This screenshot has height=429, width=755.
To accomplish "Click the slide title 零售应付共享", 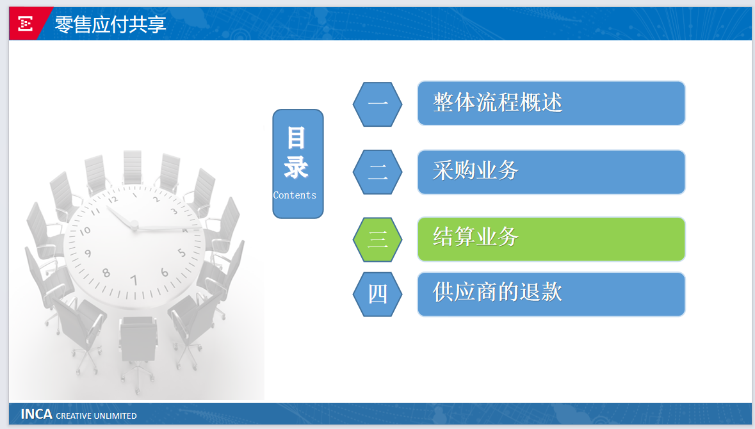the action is pyautogui.click(x=110, y=24).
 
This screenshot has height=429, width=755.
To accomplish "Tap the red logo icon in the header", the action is pyautogui.click(x=25, y=24).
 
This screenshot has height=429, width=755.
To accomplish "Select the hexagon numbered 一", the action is pyautogui.click(x=378, y=104).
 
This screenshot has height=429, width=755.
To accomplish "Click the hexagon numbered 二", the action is pyautogui.click(x=378, y=172).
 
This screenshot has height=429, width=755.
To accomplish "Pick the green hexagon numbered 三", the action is pyautogui.click(x=378, y=239).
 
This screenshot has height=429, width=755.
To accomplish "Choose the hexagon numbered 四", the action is pyautogui.click(x=378, y=294).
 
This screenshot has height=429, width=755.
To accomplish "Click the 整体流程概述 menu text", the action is pyautogui.click(x=498, y=102).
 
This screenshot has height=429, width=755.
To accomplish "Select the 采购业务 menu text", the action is pyautogui.click(x=475, y=170).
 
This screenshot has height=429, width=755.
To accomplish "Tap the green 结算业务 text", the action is pyautogui.click(x=475, y=237).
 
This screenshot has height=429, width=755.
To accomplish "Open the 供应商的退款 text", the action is pyautogui.click(x=498, y=292).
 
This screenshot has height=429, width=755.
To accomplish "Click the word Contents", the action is pyautogui.click(x=295, y=195).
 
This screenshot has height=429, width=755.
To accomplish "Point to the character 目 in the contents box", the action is pyautogui.click(x=296, y=138).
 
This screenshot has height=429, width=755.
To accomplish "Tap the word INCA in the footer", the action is pyautogui.click(x=36, y=414).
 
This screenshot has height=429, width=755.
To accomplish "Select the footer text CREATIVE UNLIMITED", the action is pyautogui.click(x=96, y=416).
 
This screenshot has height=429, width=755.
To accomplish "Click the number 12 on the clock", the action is pyautogui.click(x=113, y=200).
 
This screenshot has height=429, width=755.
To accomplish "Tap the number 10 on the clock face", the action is pyautogui.click(x=85, y=231).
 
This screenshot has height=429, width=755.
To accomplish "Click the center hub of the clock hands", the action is pyautogui.click(x=134, y=225).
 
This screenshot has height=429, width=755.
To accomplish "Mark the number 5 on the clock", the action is pyautogui.click(x=181, y=253).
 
